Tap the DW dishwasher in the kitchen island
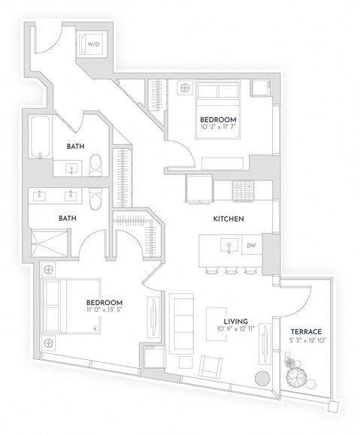pos(251,246)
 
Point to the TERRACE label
pos(307,331)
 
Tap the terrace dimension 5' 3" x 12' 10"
pos(307,341)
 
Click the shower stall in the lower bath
pos(50,242)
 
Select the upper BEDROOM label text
pos(219,119)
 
